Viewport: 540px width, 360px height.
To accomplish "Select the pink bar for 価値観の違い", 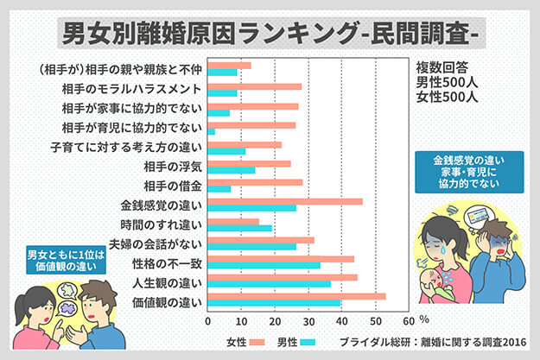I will (296, 296).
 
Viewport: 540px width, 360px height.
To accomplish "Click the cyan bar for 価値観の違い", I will (274, 303).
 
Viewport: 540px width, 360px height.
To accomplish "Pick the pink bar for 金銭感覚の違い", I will (285, 201).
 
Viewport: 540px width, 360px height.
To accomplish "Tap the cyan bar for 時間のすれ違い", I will (240, 227).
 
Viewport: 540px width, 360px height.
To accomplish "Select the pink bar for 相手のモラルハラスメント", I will (255, 86).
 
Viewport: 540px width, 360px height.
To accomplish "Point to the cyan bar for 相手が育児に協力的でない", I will (212, 131).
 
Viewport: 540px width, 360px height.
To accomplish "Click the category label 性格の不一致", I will (168, 262).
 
